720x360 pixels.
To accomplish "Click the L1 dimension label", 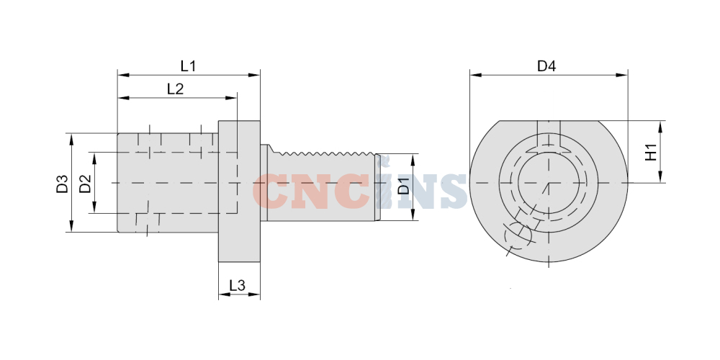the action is (188, 66).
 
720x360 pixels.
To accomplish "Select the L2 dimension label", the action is (175, 89).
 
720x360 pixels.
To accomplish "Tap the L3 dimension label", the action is (237, 286).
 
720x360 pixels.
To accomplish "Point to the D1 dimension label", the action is (403, 188).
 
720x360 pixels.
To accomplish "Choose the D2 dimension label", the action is (85, 184).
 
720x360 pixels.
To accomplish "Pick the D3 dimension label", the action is (62, 184).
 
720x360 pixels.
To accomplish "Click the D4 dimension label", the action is (546, 66).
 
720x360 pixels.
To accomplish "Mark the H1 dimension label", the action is (651, 152).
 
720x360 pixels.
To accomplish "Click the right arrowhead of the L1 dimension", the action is (255, 75).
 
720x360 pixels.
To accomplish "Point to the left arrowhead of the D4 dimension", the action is (475, 75).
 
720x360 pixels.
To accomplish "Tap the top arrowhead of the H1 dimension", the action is (660, 126).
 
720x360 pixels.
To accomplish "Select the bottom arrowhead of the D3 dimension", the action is (71, 226).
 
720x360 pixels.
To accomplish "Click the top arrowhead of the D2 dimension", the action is (94, 158).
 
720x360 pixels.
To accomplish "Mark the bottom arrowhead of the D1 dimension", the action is (413, 215).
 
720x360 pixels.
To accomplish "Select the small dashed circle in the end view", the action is (518, 234).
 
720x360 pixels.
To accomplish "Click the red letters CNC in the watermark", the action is (311, 192).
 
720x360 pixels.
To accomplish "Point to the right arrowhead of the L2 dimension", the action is (231, 98).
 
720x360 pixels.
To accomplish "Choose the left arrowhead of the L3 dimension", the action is (224, 294).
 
